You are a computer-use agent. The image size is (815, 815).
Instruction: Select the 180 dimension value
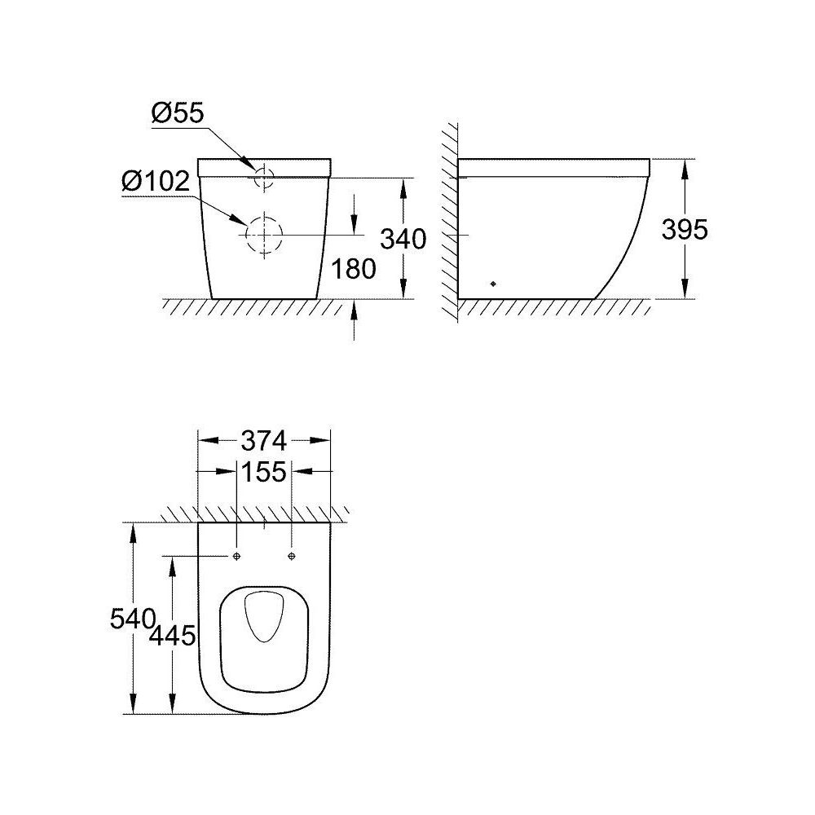pos(354,268)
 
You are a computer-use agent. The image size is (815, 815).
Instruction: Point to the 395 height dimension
pos(684,230)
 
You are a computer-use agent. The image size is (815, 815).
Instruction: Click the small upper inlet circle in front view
pos(263,175)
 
